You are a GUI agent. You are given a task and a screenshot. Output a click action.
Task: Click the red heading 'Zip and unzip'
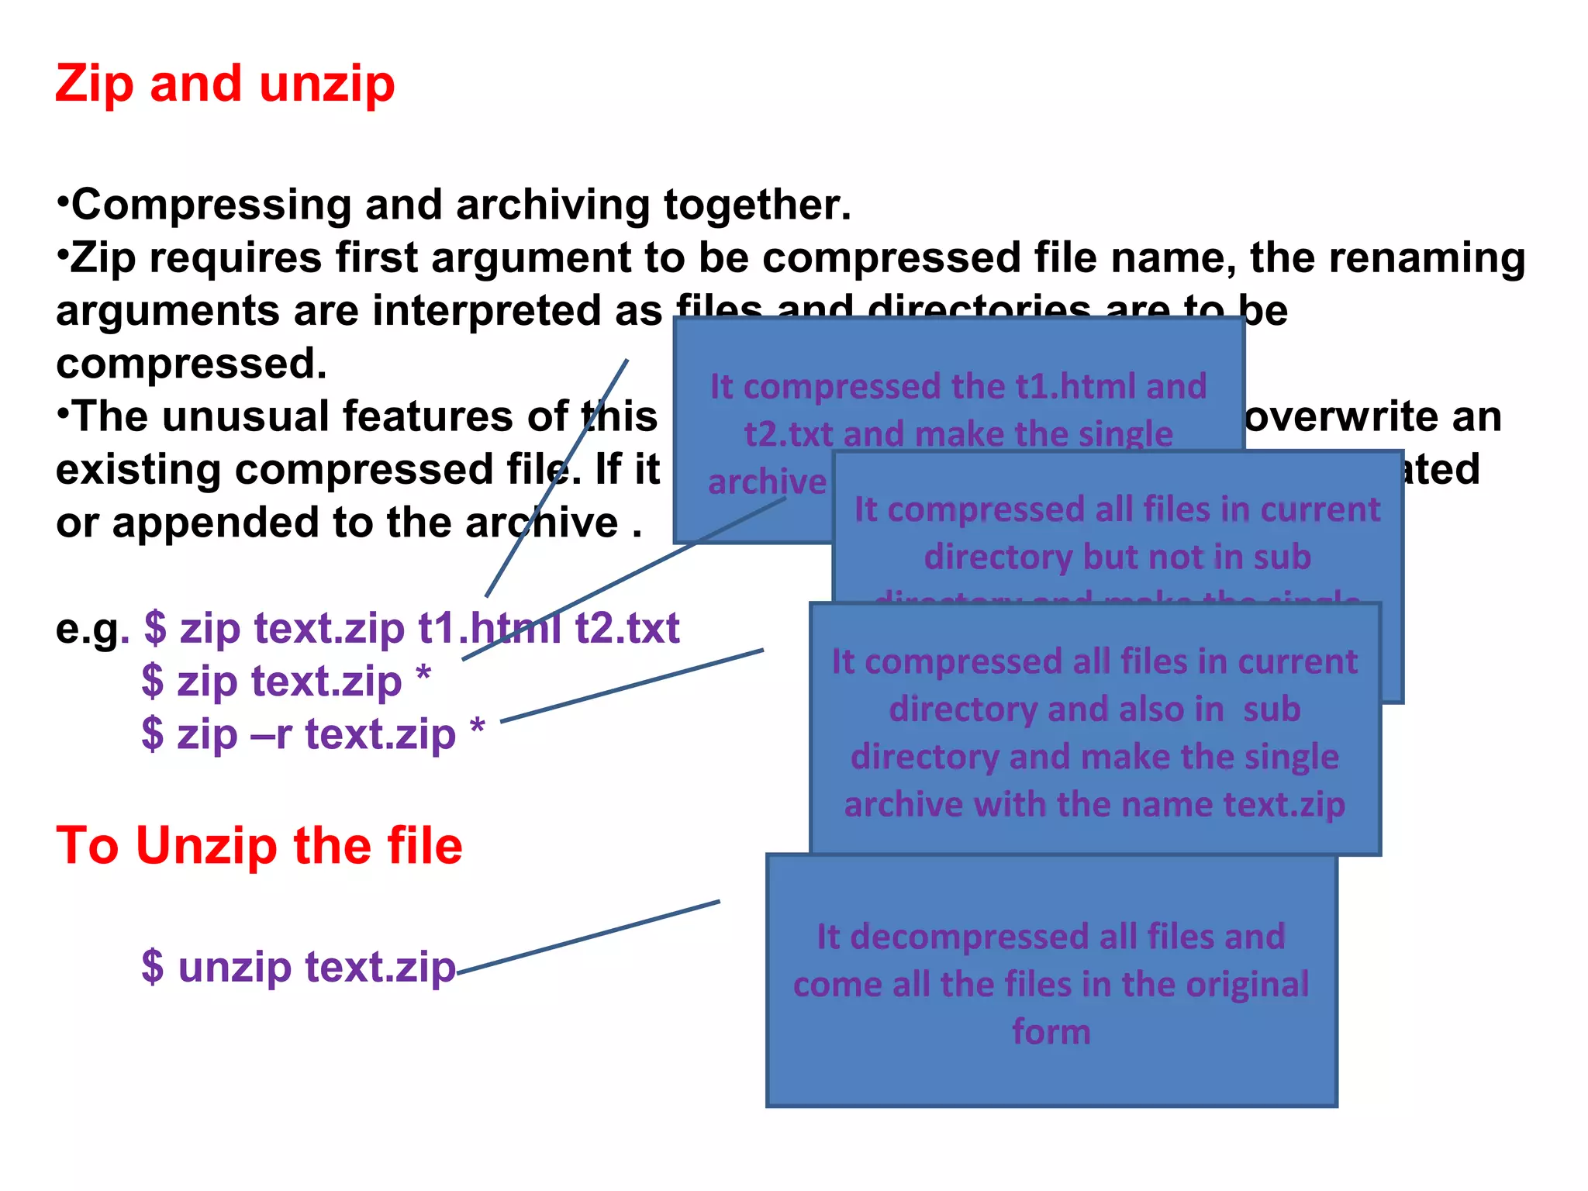point(225,84)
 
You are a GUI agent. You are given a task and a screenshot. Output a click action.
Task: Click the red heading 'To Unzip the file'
point(259,845)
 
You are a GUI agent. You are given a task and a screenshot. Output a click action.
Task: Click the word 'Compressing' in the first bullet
point(211,205)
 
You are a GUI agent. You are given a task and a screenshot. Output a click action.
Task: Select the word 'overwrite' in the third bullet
point(1341,417)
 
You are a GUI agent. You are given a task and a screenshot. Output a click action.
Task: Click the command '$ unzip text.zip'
point(299,967)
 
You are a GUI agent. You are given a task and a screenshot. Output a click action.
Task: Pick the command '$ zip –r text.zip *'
point(313,734)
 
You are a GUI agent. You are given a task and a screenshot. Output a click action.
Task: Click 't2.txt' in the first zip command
point(627,628)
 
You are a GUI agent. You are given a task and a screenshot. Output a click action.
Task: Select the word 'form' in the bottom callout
point(1051,1032)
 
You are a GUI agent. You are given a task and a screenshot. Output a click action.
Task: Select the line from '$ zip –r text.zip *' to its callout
point(632,685)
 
